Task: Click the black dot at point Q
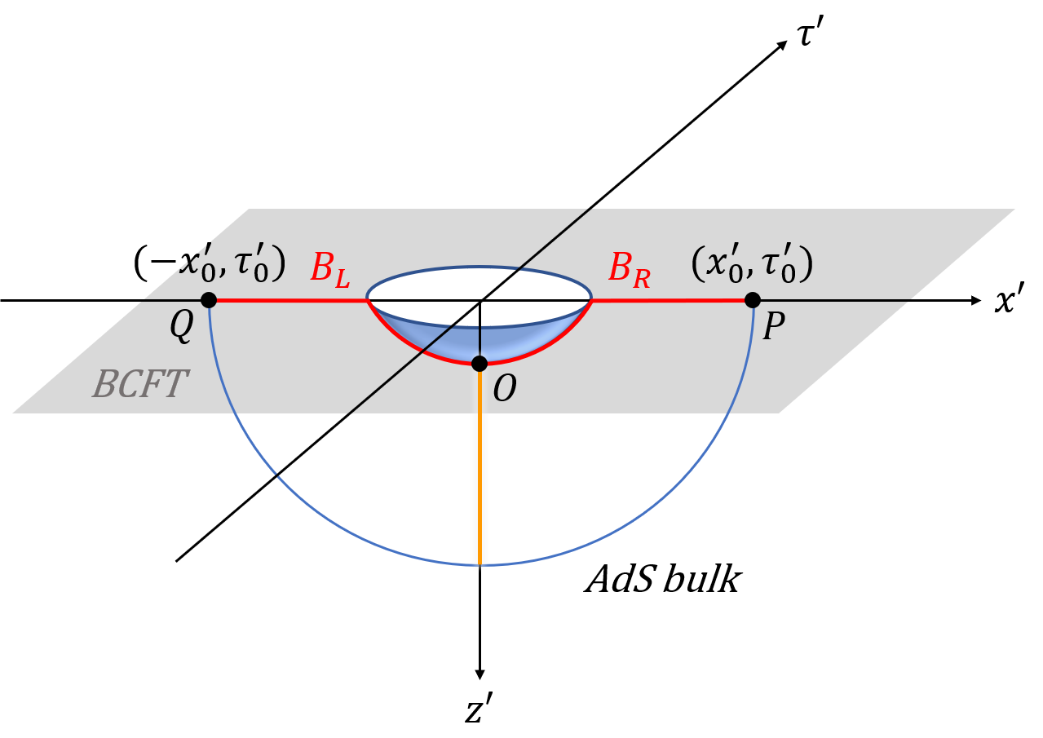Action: pyautogui.click(x=209, y=300)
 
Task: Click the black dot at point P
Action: pyautogui.click(x=753, y=300)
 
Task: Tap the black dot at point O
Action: pyautogui.click(x=480, y=364)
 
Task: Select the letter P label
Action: pyautogui.click(x=773, y=328)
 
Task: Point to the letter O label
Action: pyautogui.click(x=505, y=390)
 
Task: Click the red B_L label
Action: pyautogui.click(x=330, y=270)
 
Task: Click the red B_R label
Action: pyautogui.click(x=630, y=270)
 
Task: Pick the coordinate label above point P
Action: pyautogui.click(x=752, y=264)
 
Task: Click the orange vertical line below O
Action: pyautogui.click(x=480, y=473)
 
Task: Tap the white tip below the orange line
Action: pyautogui.click(x=480, y=569)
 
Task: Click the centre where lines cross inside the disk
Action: pyautogui.click(x=480, y=300)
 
